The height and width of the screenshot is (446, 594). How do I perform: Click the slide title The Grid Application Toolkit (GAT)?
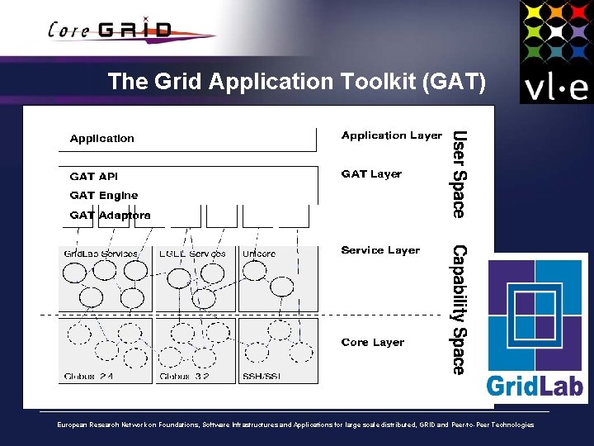297,82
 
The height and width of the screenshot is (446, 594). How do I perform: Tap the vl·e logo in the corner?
555,52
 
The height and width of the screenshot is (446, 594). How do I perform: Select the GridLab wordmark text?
534,385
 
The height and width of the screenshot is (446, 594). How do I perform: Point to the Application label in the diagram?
101,139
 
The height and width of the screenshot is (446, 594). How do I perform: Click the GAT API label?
93,177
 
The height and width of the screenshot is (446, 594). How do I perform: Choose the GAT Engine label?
104,196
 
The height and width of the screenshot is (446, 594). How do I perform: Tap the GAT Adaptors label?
110,216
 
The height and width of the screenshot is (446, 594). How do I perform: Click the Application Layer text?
391,135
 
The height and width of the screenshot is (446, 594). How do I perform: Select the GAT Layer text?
371,174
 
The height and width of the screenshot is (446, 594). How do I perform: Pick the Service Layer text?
380,250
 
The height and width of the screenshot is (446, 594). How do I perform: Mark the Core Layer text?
372,343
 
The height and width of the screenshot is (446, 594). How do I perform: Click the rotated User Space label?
460,174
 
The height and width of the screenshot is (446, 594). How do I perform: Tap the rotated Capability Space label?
460,310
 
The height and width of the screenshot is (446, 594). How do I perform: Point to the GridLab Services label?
101,254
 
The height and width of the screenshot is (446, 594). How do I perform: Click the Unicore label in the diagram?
259,254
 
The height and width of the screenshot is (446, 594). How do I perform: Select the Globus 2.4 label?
88,377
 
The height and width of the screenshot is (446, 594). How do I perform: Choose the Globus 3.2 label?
184,377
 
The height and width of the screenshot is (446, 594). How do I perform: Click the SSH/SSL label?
261,377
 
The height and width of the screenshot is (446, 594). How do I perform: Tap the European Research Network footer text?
295,425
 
